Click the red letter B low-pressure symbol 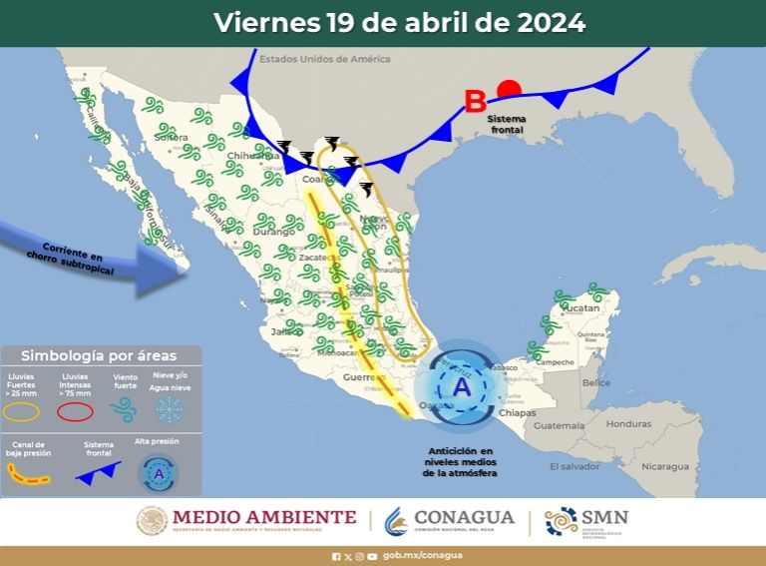click(x=476, y=101)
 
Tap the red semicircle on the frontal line click(x=510, y=89)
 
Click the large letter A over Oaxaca click(x=461, y=387)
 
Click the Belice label click(x=595, y=382)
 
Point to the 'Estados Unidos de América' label click(x=324, y=60)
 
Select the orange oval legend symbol click(x=22, y=409)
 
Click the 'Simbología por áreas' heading click(x=99, y=355)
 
